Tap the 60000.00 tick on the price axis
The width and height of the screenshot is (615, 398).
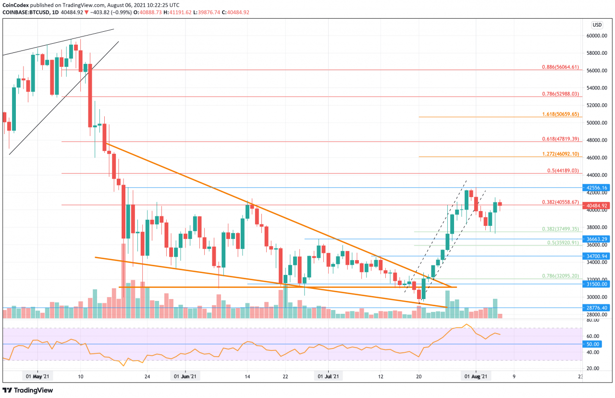[597, 36]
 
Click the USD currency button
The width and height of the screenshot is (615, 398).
[597, 25]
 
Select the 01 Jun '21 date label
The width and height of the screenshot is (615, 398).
[184, 377]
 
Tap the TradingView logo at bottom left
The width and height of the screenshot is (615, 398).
[28, 390]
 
